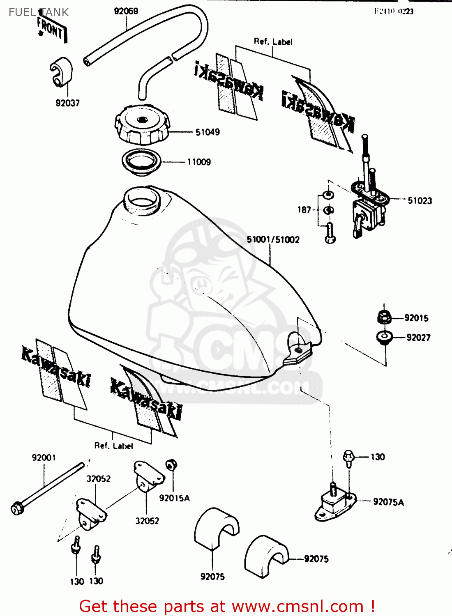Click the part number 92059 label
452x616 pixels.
pyautogui.click(x=126, y=11)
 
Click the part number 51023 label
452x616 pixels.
pyautogui.click(x=420, y=200)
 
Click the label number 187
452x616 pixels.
pyautogui.click(x=304, y=210)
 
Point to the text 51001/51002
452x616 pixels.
pyautogui.click(x=273, y=239)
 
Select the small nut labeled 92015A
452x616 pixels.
pyautogui.click(x=171, y=465)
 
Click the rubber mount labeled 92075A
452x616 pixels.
pyautogui.click(x=335, y=503)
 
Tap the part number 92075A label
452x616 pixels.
pyautogui.click(x=388, y=502)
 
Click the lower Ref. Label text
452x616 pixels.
pyautogui.click(x=113, y=446)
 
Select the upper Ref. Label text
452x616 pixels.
pyautogui.click(x=273, y=41)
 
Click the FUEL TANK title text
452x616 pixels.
pyautogui.click(x=39, y=12)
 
